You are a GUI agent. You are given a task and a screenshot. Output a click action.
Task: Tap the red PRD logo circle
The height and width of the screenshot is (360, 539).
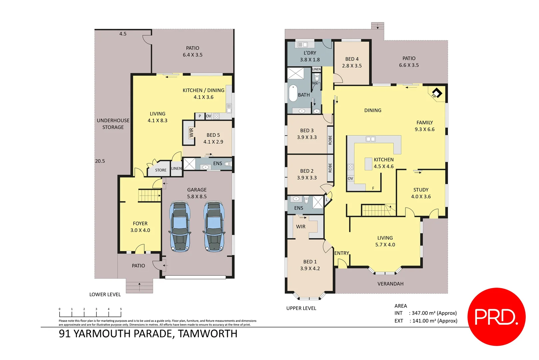point(496,317)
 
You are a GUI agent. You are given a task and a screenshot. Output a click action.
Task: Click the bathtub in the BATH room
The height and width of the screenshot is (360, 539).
point(293,93)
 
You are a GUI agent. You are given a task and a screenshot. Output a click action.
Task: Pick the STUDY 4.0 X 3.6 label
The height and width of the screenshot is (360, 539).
point(421,193)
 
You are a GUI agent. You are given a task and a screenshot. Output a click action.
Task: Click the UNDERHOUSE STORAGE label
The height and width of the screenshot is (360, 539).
point(113,124)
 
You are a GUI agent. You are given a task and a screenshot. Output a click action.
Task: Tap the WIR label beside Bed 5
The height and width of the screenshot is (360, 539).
point(191,133)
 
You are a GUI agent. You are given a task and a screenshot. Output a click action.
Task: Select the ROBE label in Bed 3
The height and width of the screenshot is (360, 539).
point(330,140)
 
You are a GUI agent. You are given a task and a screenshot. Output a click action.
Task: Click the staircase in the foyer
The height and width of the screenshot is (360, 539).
point(149,195)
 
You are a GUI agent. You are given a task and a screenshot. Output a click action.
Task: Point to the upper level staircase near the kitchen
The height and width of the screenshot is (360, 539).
point(376,210)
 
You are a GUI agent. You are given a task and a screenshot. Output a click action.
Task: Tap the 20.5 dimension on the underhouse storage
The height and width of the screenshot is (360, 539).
point(100,161)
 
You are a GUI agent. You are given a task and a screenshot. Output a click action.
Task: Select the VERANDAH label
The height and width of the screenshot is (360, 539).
point(390,284)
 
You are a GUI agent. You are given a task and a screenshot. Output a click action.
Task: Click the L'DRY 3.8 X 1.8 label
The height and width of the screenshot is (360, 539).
point(310,56)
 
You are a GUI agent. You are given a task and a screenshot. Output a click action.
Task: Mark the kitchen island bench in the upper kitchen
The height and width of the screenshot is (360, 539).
point(368,164)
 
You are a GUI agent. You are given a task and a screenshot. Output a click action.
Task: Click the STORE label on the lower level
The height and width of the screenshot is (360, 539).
point(161,170)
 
